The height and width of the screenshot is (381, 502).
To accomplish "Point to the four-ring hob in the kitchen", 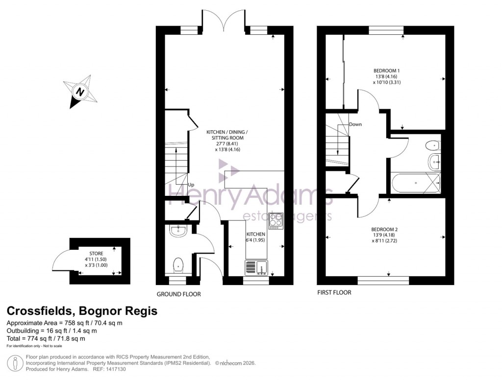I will pos(276,221).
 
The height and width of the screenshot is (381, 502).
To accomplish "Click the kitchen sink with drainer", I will pos(257,267).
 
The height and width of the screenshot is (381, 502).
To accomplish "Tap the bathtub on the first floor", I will pos(416,183).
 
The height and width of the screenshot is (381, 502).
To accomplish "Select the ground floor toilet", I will pos(177,264).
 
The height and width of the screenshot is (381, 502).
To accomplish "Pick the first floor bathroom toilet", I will pos(433,144).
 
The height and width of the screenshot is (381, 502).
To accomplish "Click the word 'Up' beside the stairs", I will pos(191,185).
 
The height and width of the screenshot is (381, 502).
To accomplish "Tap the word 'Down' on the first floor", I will pos(355,124).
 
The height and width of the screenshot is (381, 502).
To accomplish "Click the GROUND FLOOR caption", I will pos(178,294).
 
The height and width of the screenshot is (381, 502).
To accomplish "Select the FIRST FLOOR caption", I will pos(334,293).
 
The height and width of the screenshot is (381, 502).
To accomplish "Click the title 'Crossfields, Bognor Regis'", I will pos(82,311).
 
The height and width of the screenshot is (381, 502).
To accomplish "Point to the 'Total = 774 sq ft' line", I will pos(46,338).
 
